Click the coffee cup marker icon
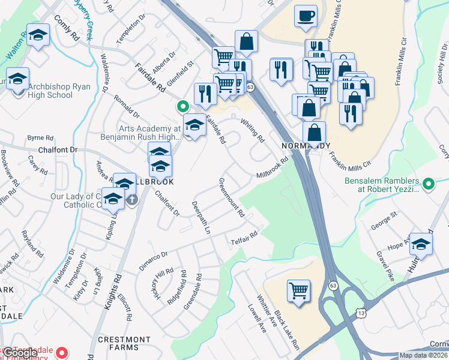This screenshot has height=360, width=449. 306,16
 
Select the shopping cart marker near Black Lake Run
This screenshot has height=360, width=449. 298,291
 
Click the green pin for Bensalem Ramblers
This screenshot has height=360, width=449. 428,184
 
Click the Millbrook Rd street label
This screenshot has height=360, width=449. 273,166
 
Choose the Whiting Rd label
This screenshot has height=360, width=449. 253,130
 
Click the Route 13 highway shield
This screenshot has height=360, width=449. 360,313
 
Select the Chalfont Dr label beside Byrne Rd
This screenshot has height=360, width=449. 58,149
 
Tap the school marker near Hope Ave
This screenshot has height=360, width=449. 421,244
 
